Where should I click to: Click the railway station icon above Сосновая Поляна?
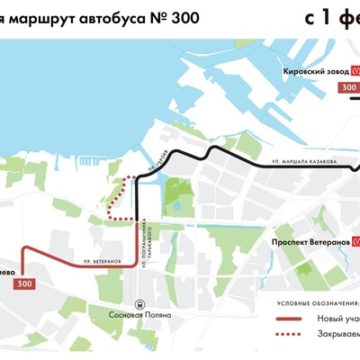click(x=138, y=303)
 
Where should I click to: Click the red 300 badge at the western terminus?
click(x=26, y=283)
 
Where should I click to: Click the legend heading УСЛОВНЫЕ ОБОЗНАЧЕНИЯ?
click(x=316, y=301)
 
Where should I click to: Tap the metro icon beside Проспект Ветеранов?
click(x=356, y=242)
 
